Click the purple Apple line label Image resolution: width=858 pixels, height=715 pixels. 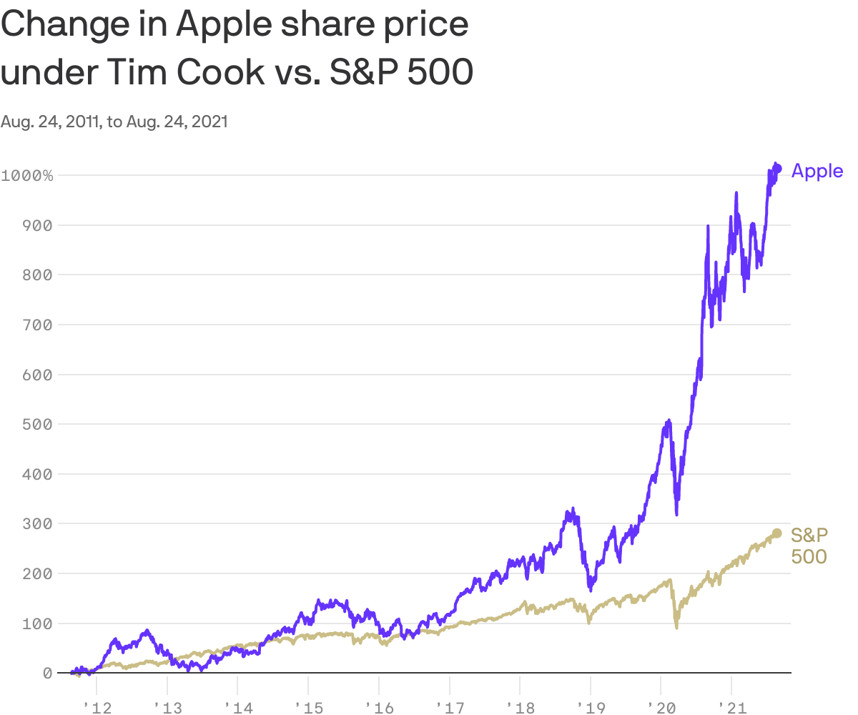[817, 171]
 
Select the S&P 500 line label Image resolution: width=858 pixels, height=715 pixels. [809, 545]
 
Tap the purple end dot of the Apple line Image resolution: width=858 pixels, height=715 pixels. [778, 169]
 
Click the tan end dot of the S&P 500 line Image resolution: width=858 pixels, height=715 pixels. [776, 533]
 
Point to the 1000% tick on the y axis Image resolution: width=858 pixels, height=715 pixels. [27, 175]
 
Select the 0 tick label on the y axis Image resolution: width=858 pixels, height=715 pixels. [47, 673]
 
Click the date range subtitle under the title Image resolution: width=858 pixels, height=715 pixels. [114, 122]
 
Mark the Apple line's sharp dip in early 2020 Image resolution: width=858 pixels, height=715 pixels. [676, 512]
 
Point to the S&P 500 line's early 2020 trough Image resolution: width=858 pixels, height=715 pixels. [676, 626]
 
